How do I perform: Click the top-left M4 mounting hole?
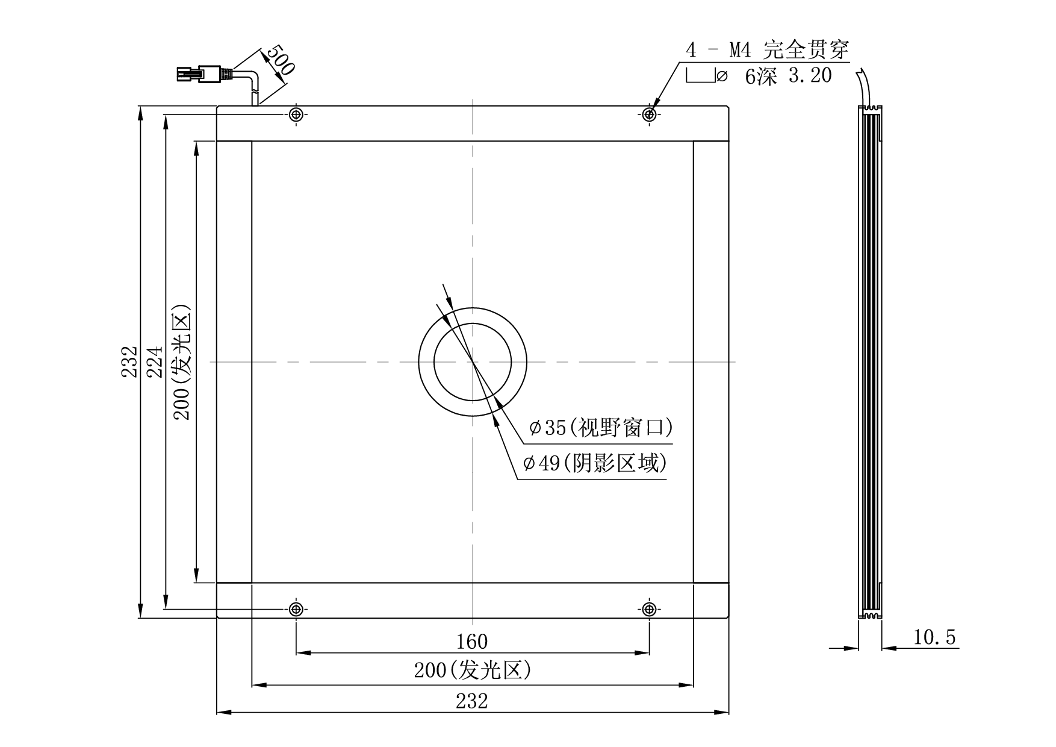[x=296, y=114]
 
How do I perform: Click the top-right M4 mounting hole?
[x=649, y=114]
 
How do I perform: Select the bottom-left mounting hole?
[x=296, y=609]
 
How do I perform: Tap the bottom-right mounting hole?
[x=649, y=609]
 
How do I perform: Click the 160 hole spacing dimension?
[x=472, y=642]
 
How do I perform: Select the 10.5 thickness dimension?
[x=934, y=637]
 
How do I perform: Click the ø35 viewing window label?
[x=601, y=428]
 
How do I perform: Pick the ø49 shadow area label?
[x=596, y=463]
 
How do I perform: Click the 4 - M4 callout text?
[x=767, y=50]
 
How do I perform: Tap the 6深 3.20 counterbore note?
[x=789, y=77]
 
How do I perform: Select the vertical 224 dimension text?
[x=155, y=361]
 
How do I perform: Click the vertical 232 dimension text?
[x=129, y=361]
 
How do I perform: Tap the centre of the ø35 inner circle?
[x=473, y=362]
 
